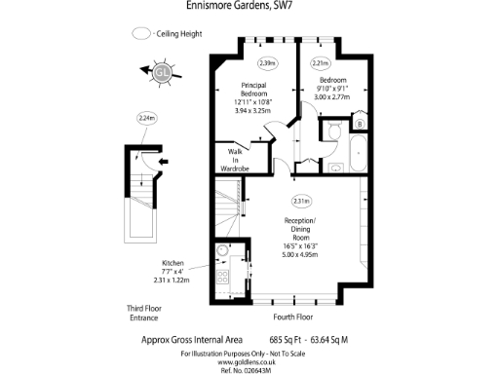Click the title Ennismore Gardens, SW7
[249, 7]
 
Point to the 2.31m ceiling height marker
[301, 202]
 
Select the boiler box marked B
[360, 124]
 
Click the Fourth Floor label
[293, 317]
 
